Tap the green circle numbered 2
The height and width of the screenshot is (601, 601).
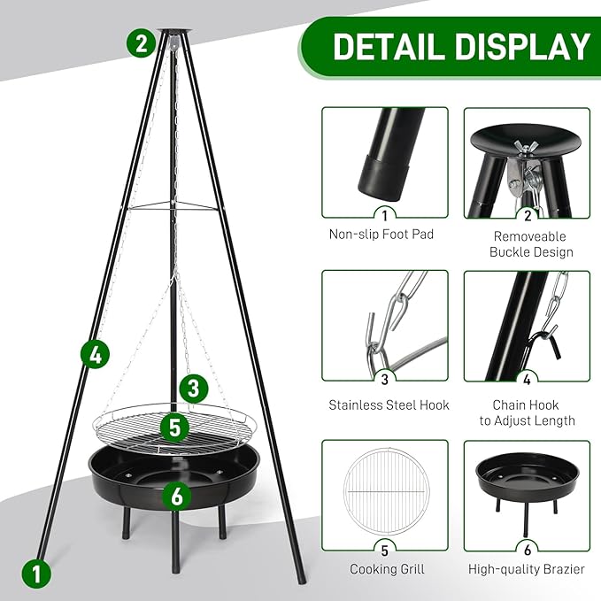(x=141, y=42)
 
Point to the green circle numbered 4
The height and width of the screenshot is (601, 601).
(x=96, y=355)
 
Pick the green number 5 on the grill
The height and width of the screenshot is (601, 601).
(x=175, y=428)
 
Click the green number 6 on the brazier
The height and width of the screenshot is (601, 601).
(x=176, y=496)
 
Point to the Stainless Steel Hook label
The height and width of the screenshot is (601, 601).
(x=389, y=405)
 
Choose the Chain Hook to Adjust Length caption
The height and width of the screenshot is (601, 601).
(x=528, y=412)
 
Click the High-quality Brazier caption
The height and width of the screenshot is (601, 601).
(x=528, y=568)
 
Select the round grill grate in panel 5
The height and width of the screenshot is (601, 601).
(x=384, y=491)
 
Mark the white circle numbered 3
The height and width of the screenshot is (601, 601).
(x=384, y=380)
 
